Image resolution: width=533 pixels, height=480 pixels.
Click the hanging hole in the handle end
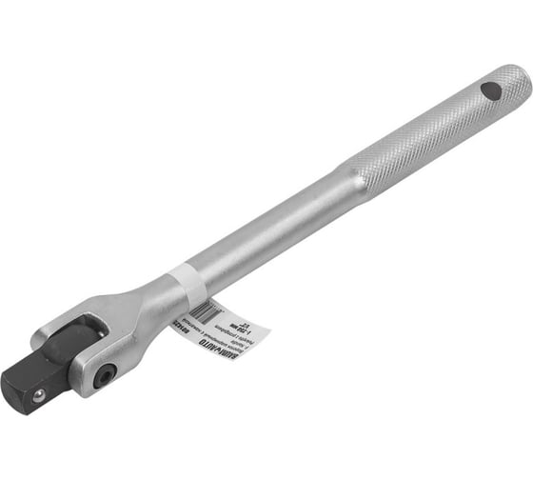(x=491, y=91)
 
